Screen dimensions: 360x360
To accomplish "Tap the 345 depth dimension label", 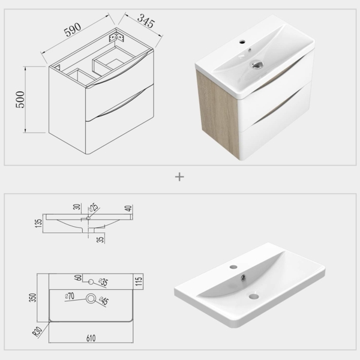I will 146,23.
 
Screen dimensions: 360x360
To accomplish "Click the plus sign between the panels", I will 179,177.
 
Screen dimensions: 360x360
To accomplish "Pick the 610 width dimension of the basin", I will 90,338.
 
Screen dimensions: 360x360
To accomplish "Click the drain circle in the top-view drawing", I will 91,298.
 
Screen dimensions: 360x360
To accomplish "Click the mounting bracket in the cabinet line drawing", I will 114,37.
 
